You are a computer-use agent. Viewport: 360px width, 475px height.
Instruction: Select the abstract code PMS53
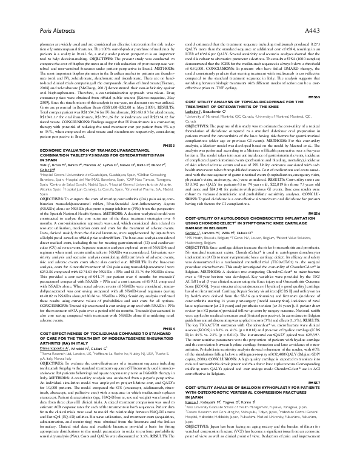tap(168, 146)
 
